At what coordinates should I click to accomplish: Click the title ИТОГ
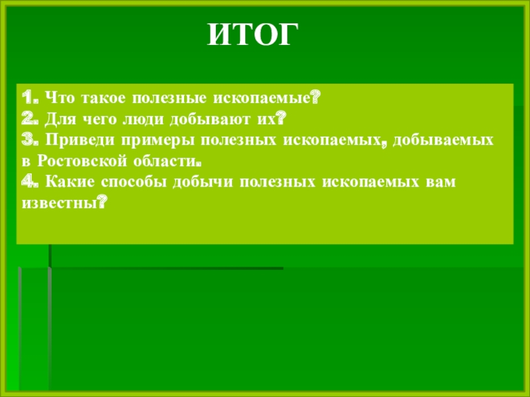[x=250, y=34]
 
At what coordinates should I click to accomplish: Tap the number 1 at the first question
[x=25, y=99]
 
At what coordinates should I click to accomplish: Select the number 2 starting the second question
[x=25, y=119]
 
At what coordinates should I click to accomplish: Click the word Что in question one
[x=61, y=99]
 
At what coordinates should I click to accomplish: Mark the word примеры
[x=144, y=141]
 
